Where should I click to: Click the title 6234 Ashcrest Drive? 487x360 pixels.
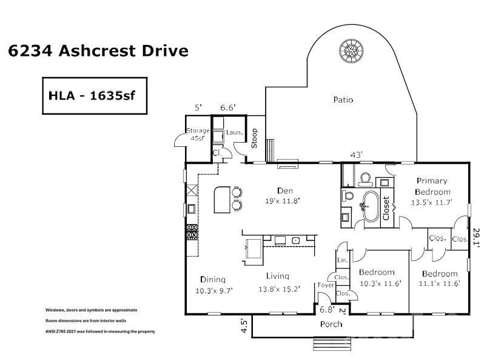(x=98, y=50)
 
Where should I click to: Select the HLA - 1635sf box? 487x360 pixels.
(x=94, y=96)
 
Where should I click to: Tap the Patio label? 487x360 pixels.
(x=343, y=99)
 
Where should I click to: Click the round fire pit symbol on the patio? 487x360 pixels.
(x=349, y=50)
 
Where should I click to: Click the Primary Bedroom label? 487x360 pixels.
(x=431, y=186)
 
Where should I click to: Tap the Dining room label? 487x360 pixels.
(x=213, y=279)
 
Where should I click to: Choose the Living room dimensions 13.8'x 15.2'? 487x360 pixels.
(x=278, y=289)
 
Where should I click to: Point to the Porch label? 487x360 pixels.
(x=331, y=324)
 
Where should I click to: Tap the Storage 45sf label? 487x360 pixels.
(x=197, y=134)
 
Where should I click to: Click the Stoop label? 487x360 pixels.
(x=254, y=138)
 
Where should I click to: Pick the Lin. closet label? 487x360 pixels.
(x=342, y=260)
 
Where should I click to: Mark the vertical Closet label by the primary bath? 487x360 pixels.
(x=386, y=207)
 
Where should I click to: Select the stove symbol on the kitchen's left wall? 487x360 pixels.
(x=191, y=231)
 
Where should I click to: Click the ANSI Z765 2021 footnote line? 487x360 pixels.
(x=101, y=331)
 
